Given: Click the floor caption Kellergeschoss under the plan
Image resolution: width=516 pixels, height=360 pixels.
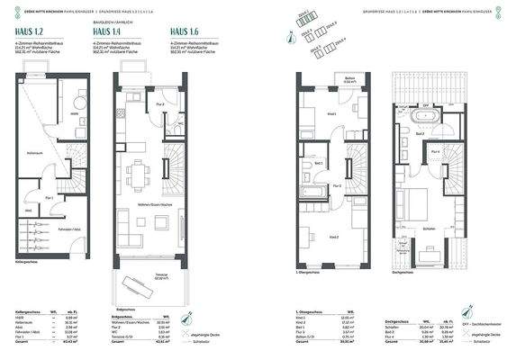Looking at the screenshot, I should (x=28, y=264).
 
